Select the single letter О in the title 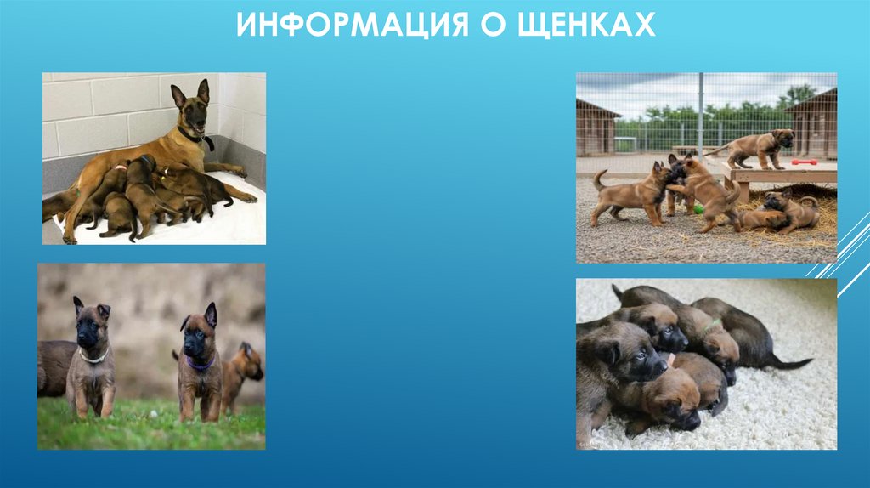490,25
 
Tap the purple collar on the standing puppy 201,365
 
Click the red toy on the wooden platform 804,162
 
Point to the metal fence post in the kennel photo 700,114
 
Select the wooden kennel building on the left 596,127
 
